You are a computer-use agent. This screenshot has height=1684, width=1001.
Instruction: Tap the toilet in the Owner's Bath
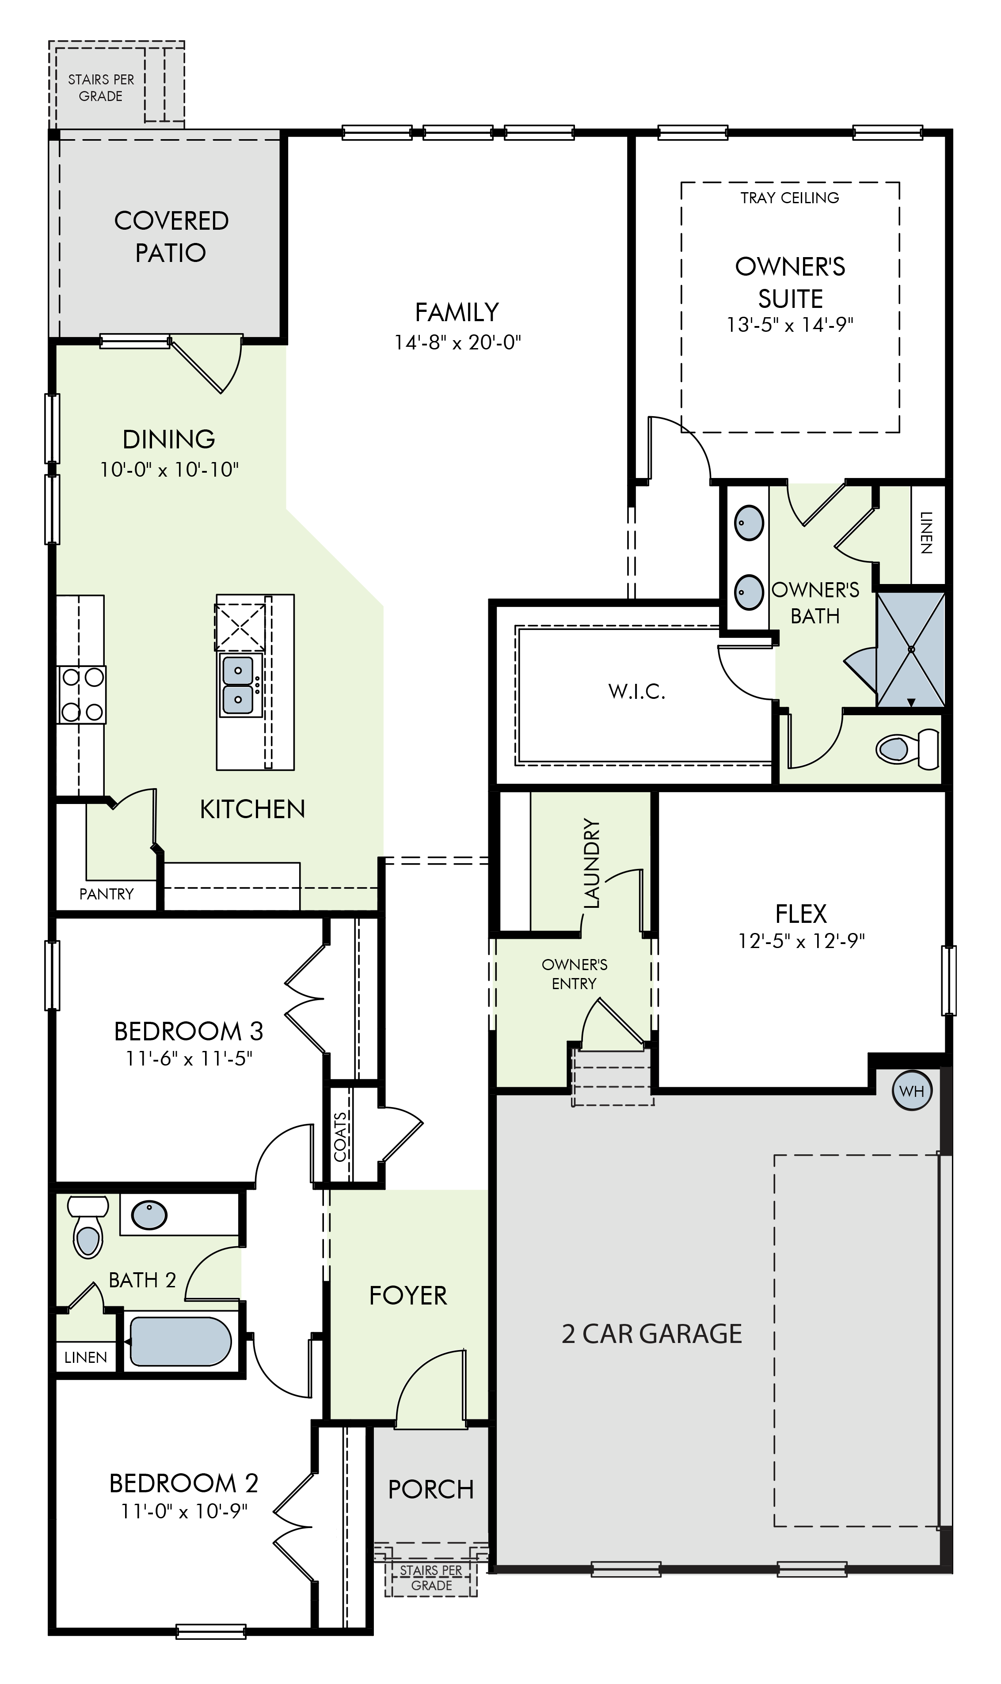point(907,749)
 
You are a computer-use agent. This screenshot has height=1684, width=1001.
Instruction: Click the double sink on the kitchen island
point(239,686)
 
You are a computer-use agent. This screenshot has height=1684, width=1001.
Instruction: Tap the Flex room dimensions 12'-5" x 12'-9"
point(801,941)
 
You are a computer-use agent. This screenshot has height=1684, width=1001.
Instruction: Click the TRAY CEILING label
point(790,197)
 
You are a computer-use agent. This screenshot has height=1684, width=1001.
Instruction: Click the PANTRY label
point(107,894)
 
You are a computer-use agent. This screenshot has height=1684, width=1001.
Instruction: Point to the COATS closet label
point(341,1137)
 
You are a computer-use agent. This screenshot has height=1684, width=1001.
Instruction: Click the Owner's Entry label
point(575,974)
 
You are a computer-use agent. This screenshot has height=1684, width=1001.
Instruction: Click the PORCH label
point(431,1489)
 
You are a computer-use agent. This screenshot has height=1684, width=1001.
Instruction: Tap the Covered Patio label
point(171,237)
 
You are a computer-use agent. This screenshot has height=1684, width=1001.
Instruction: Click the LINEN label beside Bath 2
point(86,1357)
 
